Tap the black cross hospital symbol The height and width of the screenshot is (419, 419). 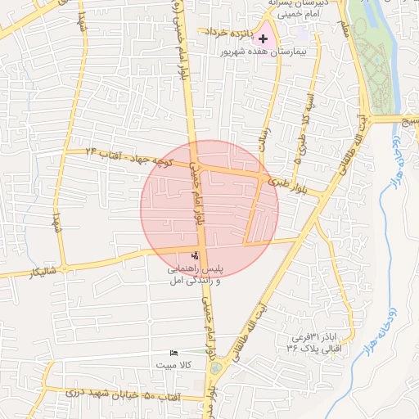pyautogui.click(x=263, y=38)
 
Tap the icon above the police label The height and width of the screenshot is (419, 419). pyautogui.click(x=194, y=255)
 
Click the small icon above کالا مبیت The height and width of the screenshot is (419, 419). pyautogui.click(x=173, y=353)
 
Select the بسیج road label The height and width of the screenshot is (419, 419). pyautogui.click(x=408, y=119)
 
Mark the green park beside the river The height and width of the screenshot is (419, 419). pyautogui.click(x=378, y=57)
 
